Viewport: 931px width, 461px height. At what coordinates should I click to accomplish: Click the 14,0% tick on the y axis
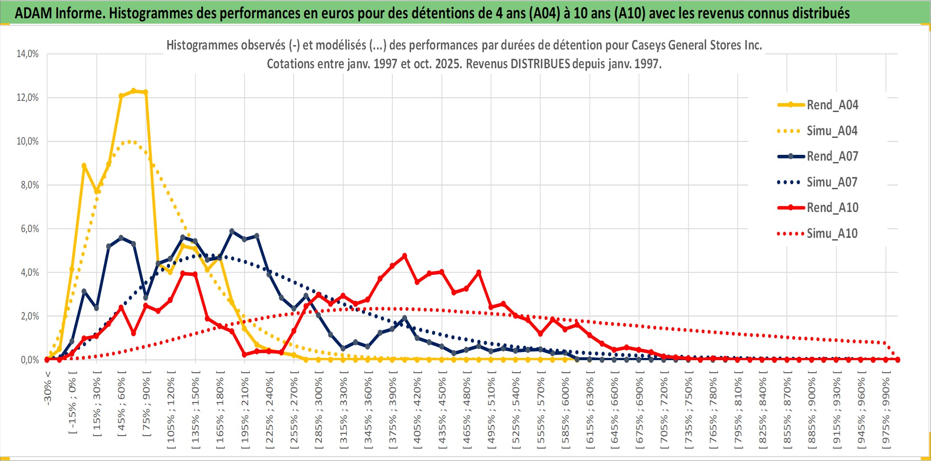pos(28,54)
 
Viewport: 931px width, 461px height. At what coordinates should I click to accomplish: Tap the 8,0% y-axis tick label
pos(29,185)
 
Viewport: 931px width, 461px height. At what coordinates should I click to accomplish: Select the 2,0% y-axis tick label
pos(29,316)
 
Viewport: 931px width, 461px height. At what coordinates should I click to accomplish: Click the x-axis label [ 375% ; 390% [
pos(393,411)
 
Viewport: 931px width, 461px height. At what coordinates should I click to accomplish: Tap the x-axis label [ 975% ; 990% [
pos(886,411)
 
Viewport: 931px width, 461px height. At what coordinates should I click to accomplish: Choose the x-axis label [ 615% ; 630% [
pos(590,411)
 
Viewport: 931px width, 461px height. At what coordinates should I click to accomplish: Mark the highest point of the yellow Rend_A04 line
pos(133,91)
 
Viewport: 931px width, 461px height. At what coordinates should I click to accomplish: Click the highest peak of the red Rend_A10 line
pos(405,256)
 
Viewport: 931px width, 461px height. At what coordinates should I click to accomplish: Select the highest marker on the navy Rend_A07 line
pos(232,231)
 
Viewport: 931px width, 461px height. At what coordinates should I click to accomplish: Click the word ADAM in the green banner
pos(33,13)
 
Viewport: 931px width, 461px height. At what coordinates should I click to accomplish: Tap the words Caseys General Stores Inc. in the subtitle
pos(696,45)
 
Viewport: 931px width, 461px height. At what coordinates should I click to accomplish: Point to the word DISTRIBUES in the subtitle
pos(540,64)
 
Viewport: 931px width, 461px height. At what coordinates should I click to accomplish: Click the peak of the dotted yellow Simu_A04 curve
pos(129,141)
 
